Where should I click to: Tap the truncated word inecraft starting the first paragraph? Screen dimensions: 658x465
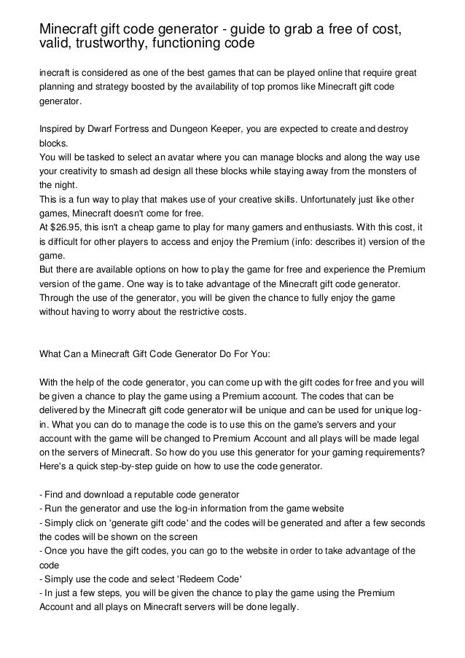57,75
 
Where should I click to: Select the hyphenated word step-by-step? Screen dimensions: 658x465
126,466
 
